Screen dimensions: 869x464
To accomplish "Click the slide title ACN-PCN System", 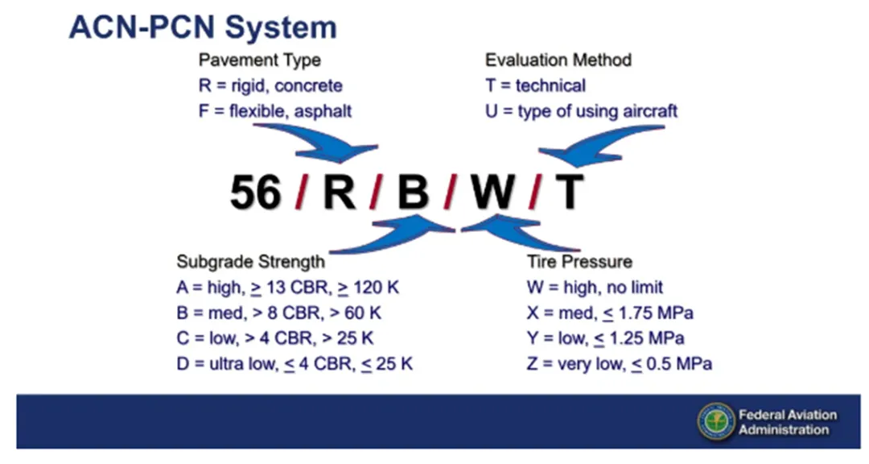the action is [x=203, y=27].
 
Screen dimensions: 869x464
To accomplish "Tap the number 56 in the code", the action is [x=256, y=192].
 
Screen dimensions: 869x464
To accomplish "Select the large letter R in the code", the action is [x=340, y=192].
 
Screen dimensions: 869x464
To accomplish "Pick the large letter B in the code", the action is [x=413, y=192].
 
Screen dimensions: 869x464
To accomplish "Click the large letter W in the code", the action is [x=492, y=192].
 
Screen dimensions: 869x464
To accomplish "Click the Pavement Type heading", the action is [x=260, y=60].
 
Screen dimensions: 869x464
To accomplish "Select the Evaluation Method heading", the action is [x=558, y=60].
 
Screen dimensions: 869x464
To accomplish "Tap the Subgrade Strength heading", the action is [x=250, y=262].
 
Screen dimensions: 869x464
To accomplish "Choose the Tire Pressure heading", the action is [x=579, y=262].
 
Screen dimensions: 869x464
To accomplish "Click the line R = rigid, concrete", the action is [x=270, y=85].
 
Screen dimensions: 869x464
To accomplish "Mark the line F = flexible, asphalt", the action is [x=275, y=111].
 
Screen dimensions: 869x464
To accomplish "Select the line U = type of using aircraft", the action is [x=582, y=111].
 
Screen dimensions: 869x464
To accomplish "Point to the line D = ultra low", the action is [x=294, y=363].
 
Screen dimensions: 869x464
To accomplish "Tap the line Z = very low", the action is [x=619, y=363].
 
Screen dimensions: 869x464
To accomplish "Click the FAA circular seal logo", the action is [x=716, y=422].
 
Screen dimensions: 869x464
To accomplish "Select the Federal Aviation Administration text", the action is [x=788, y=422].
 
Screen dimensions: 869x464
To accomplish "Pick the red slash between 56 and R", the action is [x=302, y=192].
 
